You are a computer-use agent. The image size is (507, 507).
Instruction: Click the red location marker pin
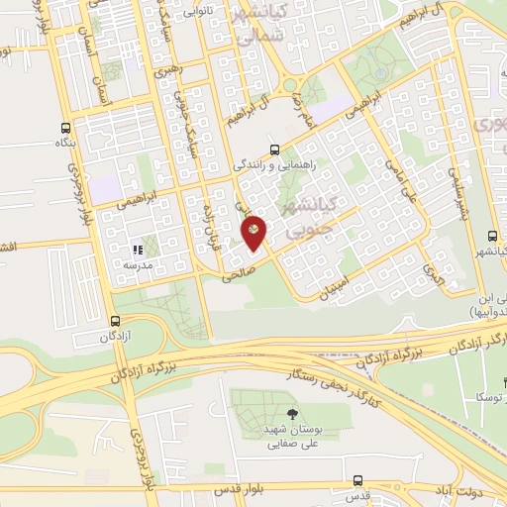[x=254, y=232]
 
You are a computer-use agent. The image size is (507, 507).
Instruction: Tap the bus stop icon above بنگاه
[x=65, y=128]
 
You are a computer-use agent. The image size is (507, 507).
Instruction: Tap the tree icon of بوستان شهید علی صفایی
[x=290, y=414]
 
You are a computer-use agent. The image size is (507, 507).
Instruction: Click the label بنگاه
[x=65, y=145]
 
